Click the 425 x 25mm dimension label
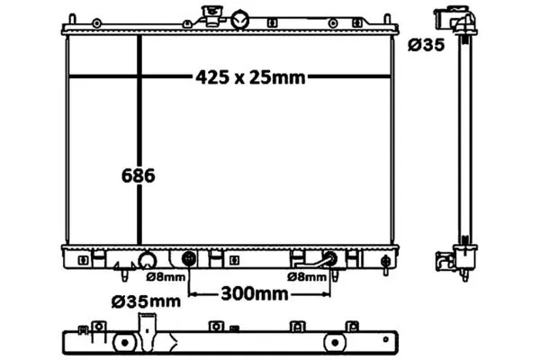pyautogui.click(x=250, y=77)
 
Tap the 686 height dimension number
pyautogui.click(x=138, y=175)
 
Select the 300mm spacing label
pyautogui.click(x=255, y=294)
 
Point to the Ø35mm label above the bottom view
pyautogui.click(x=146, y=301)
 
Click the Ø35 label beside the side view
pyautogui.click(x=427, y=45)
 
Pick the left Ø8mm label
pyautogui.click(x=166, y=276)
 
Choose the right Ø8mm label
pyautogui.click(x=307, y=276)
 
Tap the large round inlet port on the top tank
pyautogui.click(x=239, y=20)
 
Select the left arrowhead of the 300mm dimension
pyautogui.click(x=193, y=294)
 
